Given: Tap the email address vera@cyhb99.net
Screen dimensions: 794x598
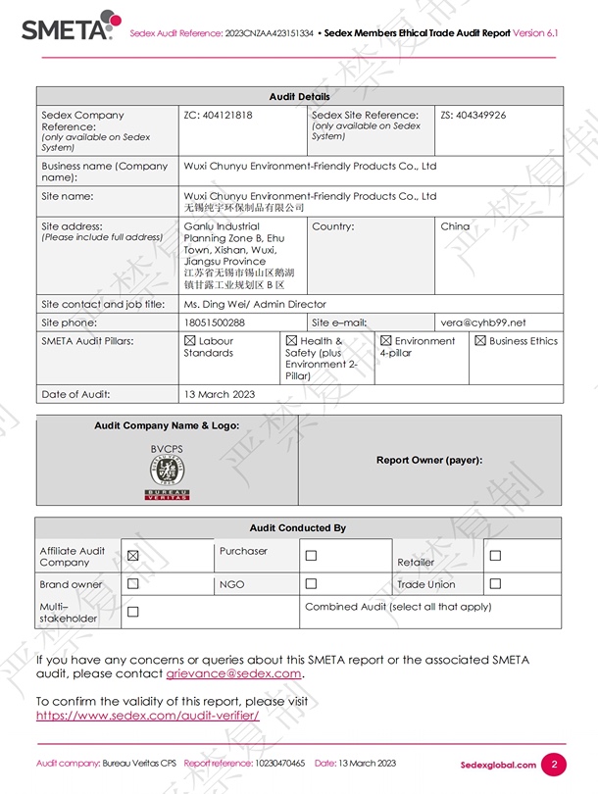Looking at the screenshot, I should pyautogui.click(x=482, y=323).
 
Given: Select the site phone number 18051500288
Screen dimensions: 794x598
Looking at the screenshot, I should pyautogui.click(x=215, y=323).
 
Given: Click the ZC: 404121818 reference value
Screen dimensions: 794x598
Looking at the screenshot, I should pyautogui.click(x=218, y=115).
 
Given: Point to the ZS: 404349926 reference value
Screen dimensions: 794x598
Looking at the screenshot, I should pyautogui.click(x=473, y=115).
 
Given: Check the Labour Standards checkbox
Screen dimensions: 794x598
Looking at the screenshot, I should pyautogui.click(x=190, y=341).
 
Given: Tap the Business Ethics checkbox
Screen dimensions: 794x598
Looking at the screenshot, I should pyautogui.click(x=480, y=341).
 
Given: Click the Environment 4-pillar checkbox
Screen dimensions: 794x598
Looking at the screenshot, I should pyautogui.click(x=386, y=341).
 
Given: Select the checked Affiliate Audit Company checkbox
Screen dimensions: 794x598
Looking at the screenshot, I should pyautogui.click(x=133, y=556).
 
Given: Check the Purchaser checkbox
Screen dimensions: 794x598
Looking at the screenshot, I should pyautogui.click(x=311, y=556).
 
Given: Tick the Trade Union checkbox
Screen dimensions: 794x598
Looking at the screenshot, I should pyautogui.click(x=495, y=584).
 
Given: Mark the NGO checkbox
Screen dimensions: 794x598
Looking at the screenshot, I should pyautogui.click(x=311, y=584).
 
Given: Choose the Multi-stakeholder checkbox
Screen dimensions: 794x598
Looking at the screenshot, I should pyautogui.click(x=133, y=613).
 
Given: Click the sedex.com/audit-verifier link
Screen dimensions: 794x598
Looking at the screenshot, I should pyautogui.click(x=148, y=716).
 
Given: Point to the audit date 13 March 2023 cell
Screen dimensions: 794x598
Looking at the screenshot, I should pyautogui.click(x=220, y=394).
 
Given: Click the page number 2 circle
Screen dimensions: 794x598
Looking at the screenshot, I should pyautogui.click(x=554, y=765).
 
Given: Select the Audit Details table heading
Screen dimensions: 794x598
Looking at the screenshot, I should pyautogui.click(x=300, y=96).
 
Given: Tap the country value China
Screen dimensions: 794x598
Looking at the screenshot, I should pyautogui.click(x=455, y=226).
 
